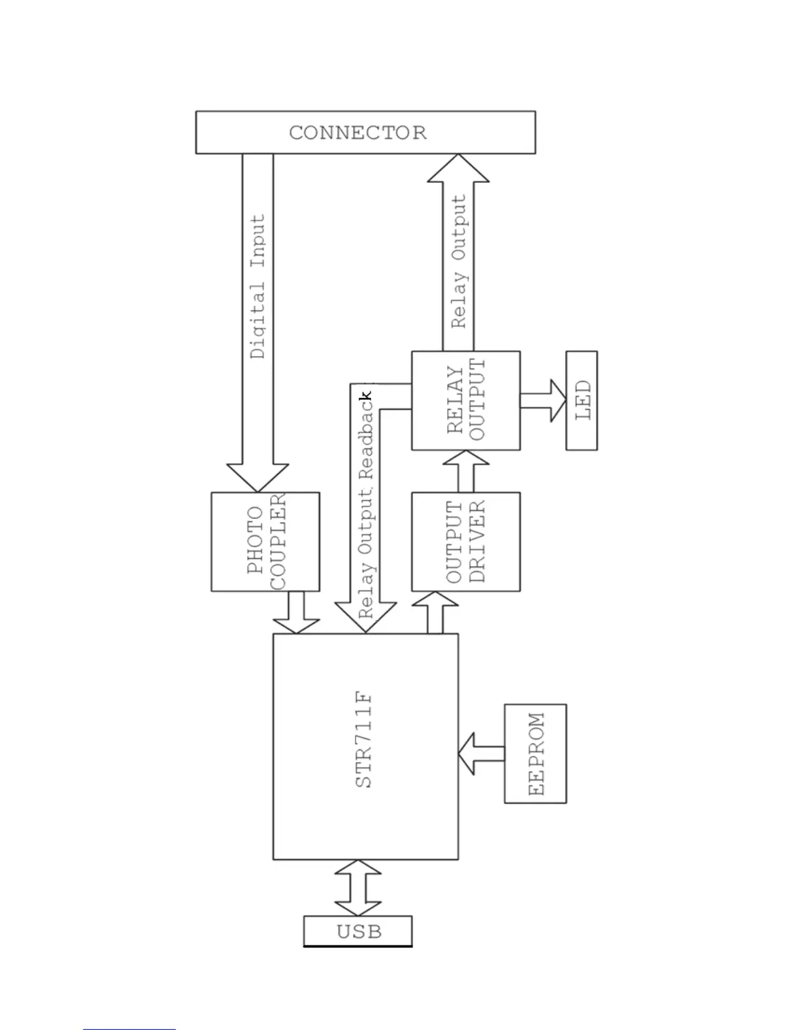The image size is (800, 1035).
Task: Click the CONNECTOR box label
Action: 358,133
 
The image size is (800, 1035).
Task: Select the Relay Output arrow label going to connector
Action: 459,261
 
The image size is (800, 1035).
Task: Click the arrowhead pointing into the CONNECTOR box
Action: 458,169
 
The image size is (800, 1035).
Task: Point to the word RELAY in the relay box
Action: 455,400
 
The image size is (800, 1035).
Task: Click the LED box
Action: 582,400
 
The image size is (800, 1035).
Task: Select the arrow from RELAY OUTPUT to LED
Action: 543,401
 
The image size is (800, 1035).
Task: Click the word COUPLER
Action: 278,542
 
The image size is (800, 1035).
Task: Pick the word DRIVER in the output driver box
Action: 478,542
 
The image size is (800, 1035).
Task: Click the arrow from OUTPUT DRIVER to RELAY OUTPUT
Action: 465,471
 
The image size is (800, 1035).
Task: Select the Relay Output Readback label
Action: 367,506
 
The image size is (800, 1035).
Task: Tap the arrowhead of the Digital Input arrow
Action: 258,478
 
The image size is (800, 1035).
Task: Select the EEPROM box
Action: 535,753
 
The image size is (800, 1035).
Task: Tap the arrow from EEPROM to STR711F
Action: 481,753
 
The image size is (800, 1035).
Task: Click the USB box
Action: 358,931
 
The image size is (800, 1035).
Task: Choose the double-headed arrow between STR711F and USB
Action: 358,888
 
